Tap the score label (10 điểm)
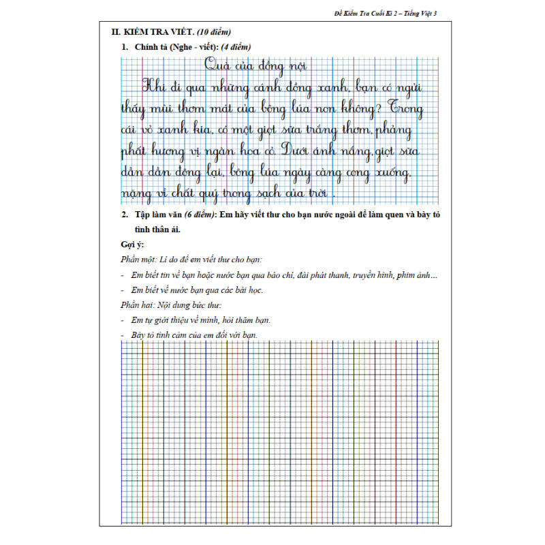click(214, 32)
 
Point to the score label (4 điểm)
click(232, 47)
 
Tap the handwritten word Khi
click(155, 86)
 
